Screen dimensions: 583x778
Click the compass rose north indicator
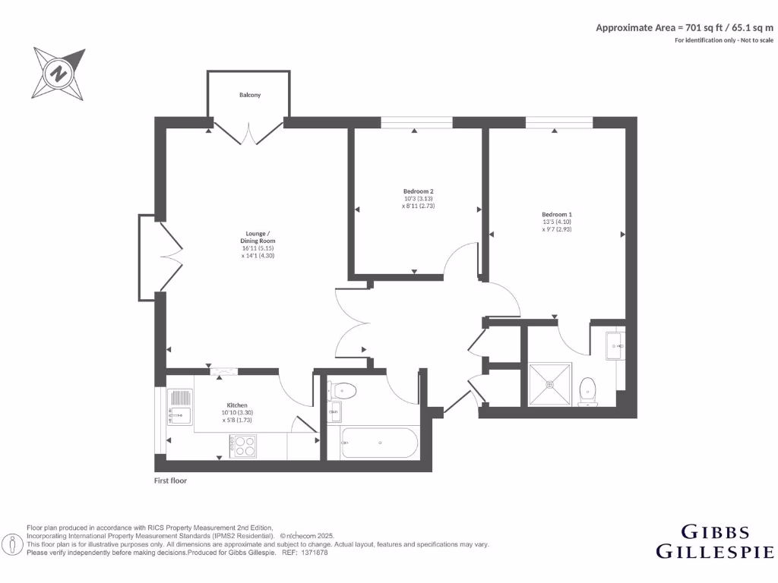point(59,74)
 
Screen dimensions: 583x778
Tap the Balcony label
point(250,95)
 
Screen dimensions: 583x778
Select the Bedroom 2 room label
point(418,191)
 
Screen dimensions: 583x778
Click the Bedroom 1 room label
point(557,214)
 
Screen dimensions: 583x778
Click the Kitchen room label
point(237,405)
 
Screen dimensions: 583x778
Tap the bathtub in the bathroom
point(379,443)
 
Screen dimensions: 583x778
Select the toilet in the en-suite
point(587,392)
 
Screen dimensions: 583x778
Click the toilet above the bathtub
point(343,391)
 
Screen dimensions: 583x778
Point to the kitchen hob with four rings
point(244,446)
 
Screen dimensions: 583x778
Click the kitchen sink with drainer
point(180,405)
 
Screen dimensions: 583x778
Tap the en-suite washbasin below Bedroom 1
point(615,346)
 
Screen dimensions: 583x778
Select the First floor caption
point(170,481)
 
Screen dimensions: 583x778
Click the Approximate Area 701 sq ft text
point(684,27)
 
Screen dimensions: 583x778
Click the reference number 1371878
point(314,553)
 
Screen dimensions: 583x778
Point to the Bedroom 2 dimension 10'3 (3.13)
point(418,198)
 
